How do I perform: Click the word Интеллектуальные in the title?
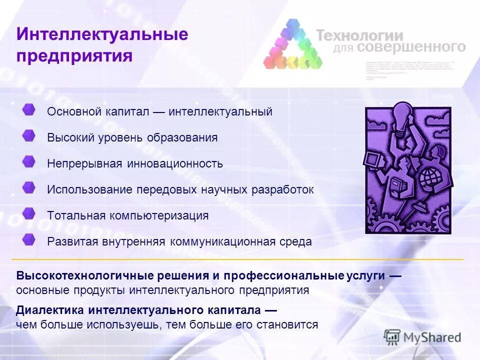coord(102,34)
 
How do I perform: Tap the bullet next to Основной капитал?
coord(29,110)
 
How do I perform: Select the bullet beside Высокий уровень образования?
coord(29,136)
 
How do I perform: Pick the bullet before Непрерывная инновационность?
coord(29,162)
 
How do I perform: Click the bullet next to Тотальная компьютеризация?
coord(29,214)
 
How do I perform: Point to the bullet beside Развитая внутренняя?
coord(29,240)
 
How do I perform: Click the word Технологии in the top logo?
coord(359,35)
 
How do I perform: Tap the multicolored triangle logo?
coord(292,45)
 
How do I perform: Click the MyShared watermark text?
coord(433,337)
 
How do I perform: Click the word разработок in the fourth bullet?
coord(285,190)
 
